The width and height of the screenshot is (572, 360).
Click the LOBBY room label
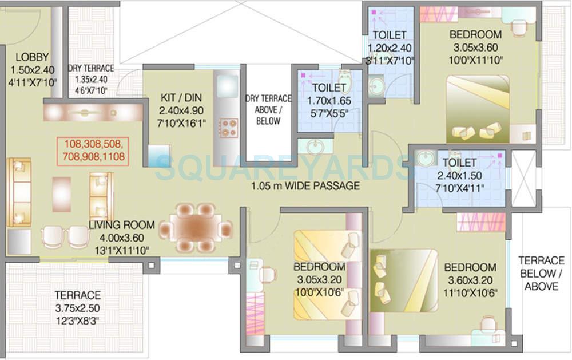click(32, 57)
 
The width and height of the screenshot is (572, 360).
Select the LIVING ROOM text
click(116, 226)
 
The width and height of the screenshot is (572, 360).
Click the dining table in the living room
click(196, 228)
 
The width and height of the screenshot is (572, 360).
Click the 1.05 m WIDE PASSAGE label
click(305, 185)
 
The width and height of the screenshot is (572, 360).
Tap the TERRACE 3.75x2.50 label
click(77, 295)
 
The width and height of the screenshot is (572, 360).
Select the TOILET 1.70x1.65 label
click(328, 88)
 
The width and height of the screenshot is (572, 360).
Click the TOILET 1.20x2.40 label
click(389, 35)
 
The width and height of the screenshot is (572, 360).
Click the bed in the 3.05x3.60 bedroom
click(478, 109)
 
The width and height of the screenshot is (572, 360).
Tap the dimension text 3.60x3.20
click(470, 281)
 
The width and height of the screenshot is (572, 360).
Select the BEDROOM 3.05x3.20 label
click(319, 267)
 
